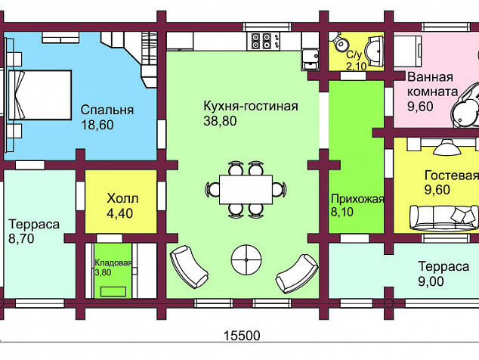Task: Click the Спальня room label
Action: (107, 110)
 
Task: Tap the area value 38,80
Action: (220, 121)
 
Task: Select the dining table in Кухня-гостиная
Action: (246, 189)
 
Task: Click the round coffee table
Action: (246, 259)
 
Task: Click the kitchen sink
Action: (310, 59)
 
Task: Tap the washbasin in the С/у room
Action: (375, 51)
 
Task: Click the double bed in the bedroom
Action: (40, 95)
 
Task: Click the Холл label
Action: (122, 198)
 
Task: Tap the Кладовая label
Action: (113, 262)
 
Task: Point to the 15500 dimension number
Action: (242, 336)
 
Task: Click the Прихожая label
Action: (357, 199)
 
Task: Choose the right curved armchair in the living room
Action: (297, 274)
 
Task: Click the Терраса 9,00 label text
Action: (443, 274)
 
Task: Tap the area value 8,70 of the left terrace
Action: (21, 238)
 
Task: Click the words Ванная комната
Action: (433, 84)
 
